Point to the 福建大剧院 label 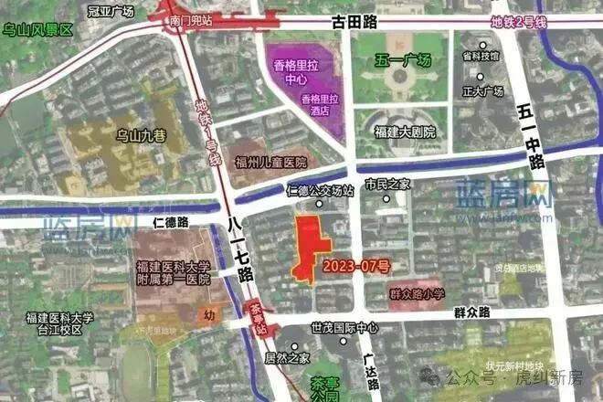tap(405, 132)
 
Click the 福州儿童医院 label tap(270, 162)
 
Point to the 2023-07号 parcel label tap(357, 267)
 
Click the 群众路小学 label tap(417, 294)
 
